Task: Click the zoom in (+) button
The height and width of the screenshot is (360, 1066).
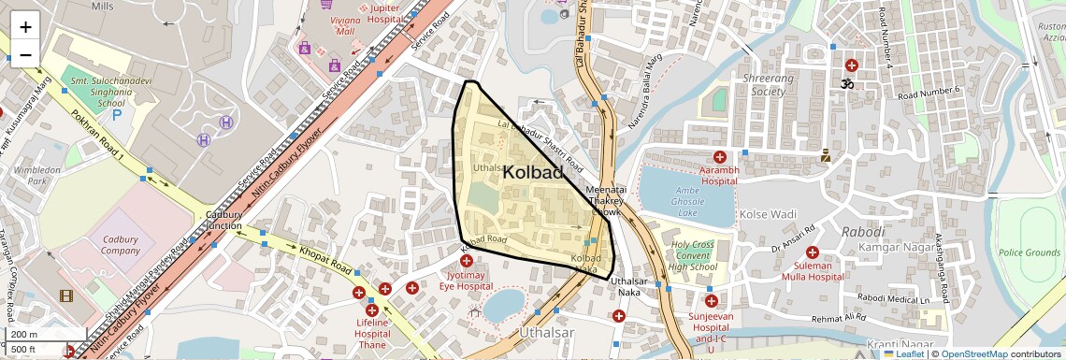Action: click(25, 26)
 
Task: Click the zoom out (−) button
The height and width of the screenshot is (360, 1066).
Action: click(25, 54)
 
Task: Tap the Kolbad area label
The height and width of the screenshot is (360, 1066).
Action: click(533, 172)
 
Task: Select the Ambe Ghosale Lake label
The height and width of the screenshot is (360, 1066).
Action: click(687, 202)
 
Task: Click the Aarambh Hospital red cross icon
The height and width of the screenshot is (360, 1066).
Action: click(719, 157)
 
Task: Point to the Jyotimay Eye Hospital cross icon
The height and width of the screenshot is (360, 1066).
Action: click(466, 261)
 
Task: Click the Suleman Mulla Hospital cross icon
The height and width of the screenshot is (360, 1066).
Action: click(812, 252)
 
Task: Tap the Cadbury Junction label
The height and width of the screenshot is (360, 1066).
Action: click(224, 220)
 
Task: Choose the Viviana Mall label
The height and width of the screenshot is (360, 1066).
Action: click(345, 24)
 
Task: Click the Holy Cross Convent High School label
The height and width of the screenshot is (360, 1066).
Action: click(693, 256)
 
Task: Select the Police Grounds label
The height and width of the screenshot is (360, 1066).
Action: click(1030, 252)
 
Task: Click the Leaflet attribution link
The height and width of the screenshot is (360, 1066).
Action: click(903, 353)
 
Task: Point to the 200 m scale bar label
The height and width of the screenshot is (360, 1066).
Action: click(24, 335)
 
